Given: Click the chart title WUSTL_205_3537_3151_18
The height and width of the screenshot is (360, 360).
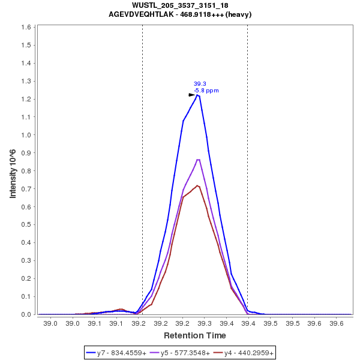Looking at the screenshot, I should pos(180,5).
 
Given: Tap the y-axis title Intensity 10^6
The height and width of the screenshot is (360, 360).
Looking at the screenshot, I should pos(13,170).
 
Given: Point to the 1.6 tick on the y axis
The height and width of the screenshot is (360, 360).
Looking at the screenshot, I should pos(28,28).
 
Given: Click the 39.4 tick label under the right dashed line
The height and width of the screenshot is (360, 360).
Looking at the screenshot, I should pos(248,323).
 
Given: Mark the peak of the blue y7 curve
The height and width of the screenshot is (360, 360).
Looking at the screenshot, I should pos(197,94).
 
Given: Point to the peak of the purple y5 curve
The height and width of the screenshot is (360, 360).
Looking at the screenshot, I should pos(198,160).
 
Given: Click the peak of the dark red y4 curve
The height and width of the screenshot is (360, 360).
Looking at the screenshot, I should pos(197,185).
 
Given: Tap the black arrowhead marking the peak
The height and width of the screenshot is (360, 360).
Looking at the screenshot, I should pos(192,94).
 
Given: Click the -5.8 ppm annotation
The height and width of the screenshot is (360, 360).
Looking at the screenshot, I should pos(206,91).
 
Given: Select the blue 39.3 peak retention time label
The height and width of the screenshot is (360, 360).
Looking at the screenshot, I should pos(200,84).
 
